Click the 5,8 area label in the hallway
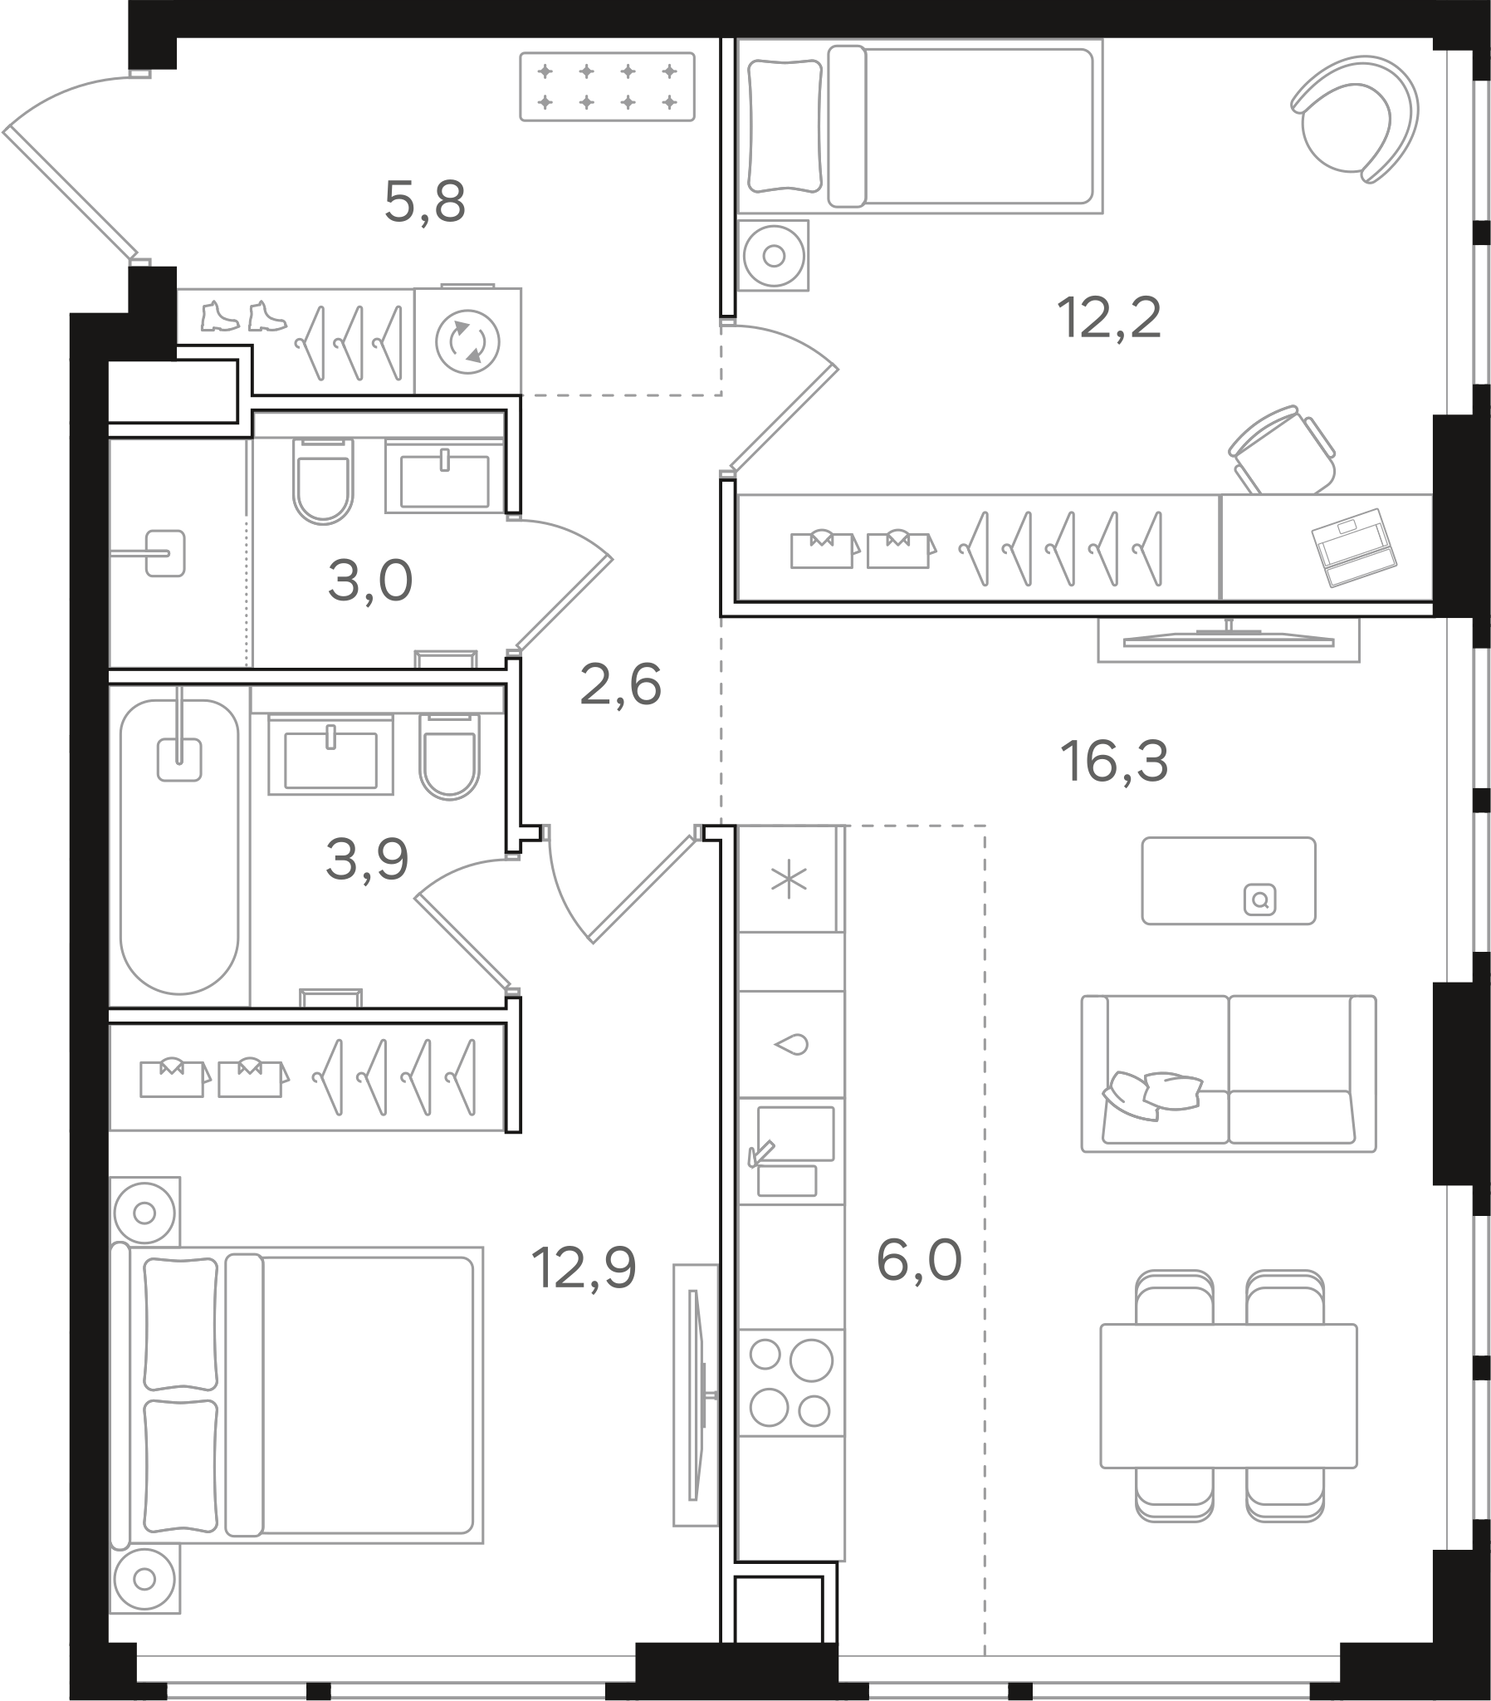[424, 202]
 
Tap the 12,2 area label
[1108, 318]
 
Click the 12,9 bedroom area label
[584, 1267]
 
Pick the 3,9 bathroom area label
[367, 859]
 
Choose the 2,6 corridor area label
[621, 685]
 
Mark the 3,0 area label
[370, 580]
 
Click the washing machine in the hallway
[467, 341]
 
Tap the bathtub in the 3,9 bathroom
[178, 846]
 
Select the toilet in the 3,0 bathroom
[323, 481]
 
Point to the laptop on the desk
[1354, 547]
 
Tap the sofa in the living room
[1228, 1074]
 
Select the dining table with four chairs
[1228, 1395]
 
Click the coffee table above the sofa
[1228, 880]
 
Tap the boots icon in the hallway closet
[244, 316]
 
